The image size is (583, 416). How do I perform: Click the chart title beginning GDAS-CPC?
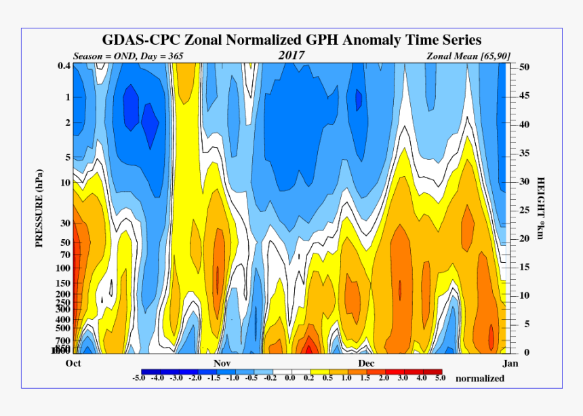coord(291,40)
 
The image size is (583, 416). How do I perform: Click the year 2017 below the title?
coord(291,55)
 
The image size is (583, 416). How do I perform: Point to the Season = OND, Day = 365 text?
coord(128,56)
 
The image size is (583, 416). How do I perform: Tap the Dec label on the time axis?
coord(367,363)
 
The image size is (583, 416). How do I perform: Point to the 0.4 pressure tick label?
coord(64,66)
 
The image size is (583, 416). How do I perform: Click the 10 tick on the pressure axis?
coord(66,183)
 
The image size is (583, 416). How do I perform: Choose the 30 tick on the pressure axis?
coord(66,224)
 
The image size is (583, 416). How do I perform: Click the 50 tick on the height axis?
coord(524,67)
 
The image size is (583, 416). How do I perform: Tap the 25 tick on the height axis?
coord(524,210)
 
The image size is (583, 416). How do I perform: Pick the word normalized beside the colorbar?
coord(480,378)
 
